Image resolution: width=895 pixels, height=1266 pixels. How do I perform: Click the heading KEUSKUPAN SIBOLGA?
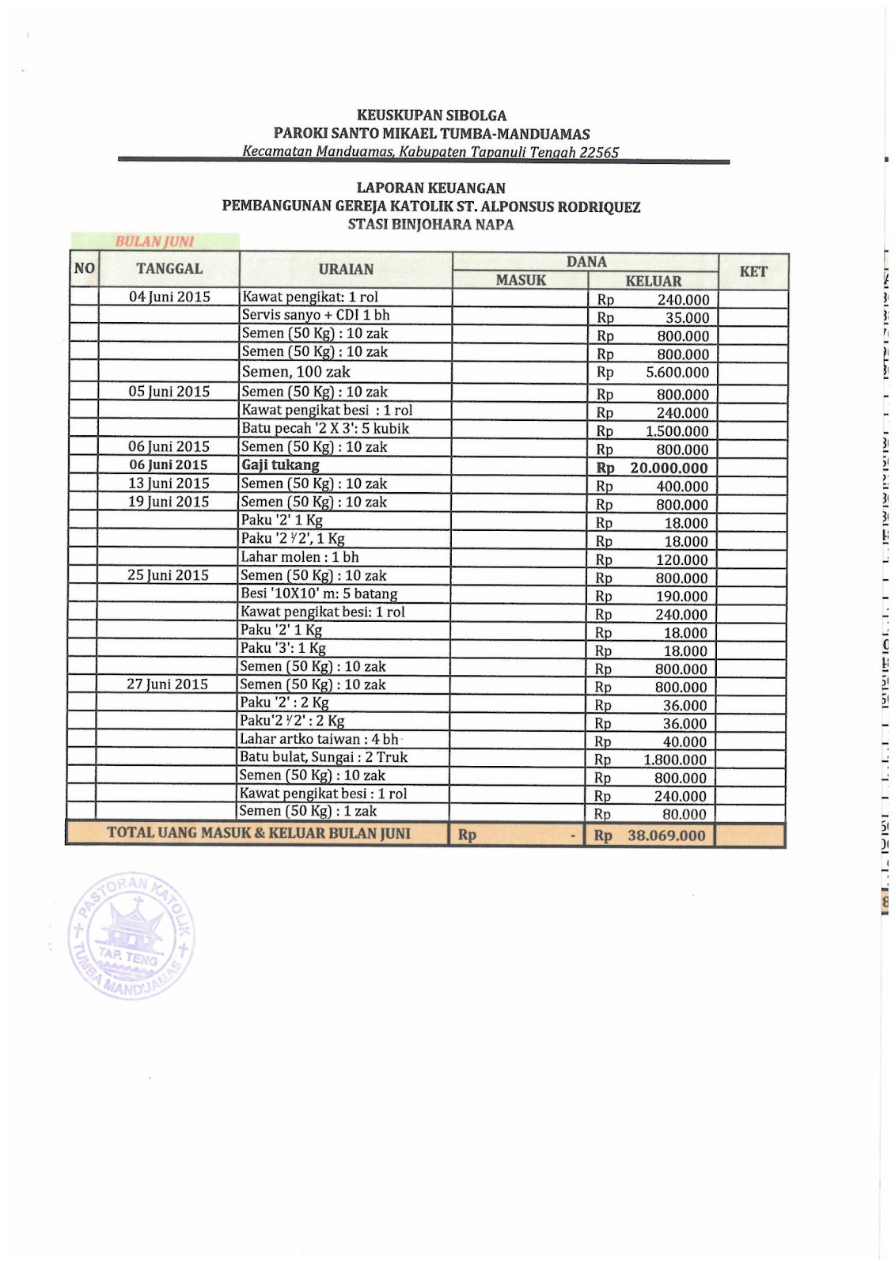431,116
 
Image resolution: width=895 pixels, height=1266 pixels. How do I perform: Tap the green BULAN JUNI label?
155,241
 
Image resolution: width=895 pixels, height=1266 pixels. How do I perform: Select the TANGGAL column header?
169,269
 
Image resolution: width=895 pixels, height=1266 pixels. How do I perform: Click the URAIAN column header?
346,269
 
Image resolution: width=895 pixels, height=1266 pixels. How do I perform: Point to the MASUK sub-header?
521,280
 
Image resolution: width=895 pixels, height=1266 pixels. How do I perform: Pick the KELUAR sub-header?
653,281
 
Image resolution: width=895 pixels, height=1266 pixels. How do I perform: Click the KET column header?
753,271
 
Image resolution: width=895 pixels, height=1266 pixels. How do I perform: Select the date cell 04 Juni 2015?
169,298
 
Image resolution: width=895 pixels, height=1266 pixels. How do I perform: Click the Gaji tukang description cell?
280,465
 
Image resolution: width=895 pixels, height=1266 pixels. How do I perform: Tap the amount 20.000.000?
669,468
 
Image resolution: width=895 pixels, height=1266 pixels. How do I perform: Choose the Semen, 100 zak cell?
296,372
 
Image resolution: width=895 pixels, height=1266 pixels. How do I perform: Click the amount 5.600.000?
677,373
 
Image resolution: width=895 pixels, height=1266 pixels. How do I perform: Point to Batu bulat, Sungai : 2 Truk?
324,757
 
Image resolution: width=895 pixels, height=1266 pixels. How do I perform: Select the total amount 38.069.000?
666,836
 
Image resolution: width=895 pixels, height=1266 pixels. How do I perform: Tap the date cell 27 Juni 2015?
168,684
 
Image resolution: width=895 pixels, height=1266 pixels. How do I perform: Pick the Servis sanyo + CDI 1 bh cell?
316,315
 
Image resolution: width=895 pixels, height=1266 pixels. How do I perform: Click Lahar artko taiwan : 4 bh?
320,739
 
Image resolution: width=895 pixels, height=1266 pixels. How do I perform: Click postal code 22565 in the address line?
599,153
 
